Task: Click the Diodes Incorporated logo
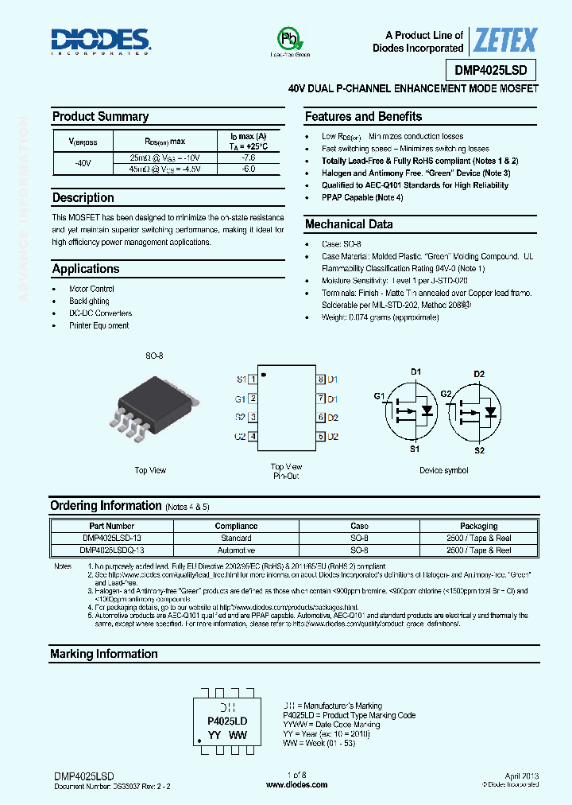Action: click(101, 40)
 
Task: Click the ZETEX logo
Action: click(505, 40)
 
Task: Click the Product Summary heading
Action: click(100, 117)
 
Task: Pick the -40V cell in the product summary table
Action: click(83, 163)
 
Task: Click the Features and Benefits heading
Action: click(363, 117)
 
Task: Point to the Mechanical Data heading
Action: click(349, 224)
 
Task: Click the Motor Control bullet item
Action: click(91, 289)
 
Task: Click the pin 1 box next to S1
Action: click(253, 380)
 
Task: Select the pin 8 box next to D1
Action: click(320, 380)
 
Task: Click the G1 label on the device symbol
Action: click(379, 396)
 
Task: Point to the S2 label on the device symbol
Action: click(479, 450)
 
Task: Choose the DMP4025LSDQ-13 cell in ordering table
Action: click(112, 550)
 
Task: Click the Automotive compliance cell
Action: click(236, 550)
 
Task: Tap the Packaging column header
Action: click(478, 526)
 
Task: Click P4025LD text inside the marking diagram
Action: click(227, 721)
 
